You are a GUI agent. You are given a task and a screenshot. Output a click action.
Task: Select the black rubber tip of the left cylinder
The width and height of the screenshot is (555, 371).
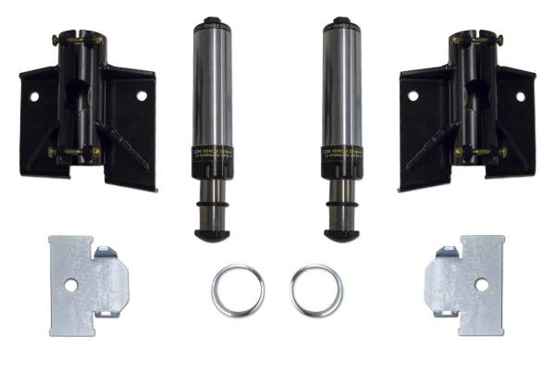(213, 234)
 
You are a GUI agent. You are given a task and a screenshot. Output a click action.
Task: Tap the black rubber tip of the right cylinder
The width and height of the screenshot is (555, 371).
(341, 234)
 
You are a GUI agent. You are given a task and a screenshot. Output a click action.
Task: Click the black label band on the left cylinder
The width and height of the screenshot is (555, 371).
(213, 154)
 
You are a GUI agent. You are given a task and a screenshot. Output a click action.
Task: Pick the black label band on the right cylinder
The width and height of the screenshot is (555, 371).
(341, 154)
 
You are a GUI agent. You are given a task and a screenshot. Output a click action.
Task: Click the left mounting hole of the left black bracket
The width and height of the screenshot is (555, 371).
(34, 95)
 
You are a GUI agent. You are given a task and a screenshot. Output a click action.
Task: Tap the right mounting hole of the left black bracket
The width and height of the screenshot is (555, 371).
(142, 95)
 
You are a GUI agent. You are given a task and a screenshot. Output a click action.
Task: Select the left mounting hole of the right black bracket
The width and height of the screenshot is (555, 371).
(413, 95)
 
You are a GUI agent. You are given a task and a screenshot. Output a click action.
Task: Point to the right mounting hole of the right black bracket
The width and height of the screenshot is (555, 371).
(520, 95)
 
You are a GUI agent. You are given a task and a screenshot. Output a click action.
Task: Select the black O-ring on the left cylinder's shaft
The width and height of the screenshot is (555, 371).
(213, 196)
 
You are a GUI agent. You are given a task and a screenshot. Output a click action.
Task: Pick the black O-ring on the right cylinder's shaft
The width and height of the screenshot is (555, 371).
(341, 196)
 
